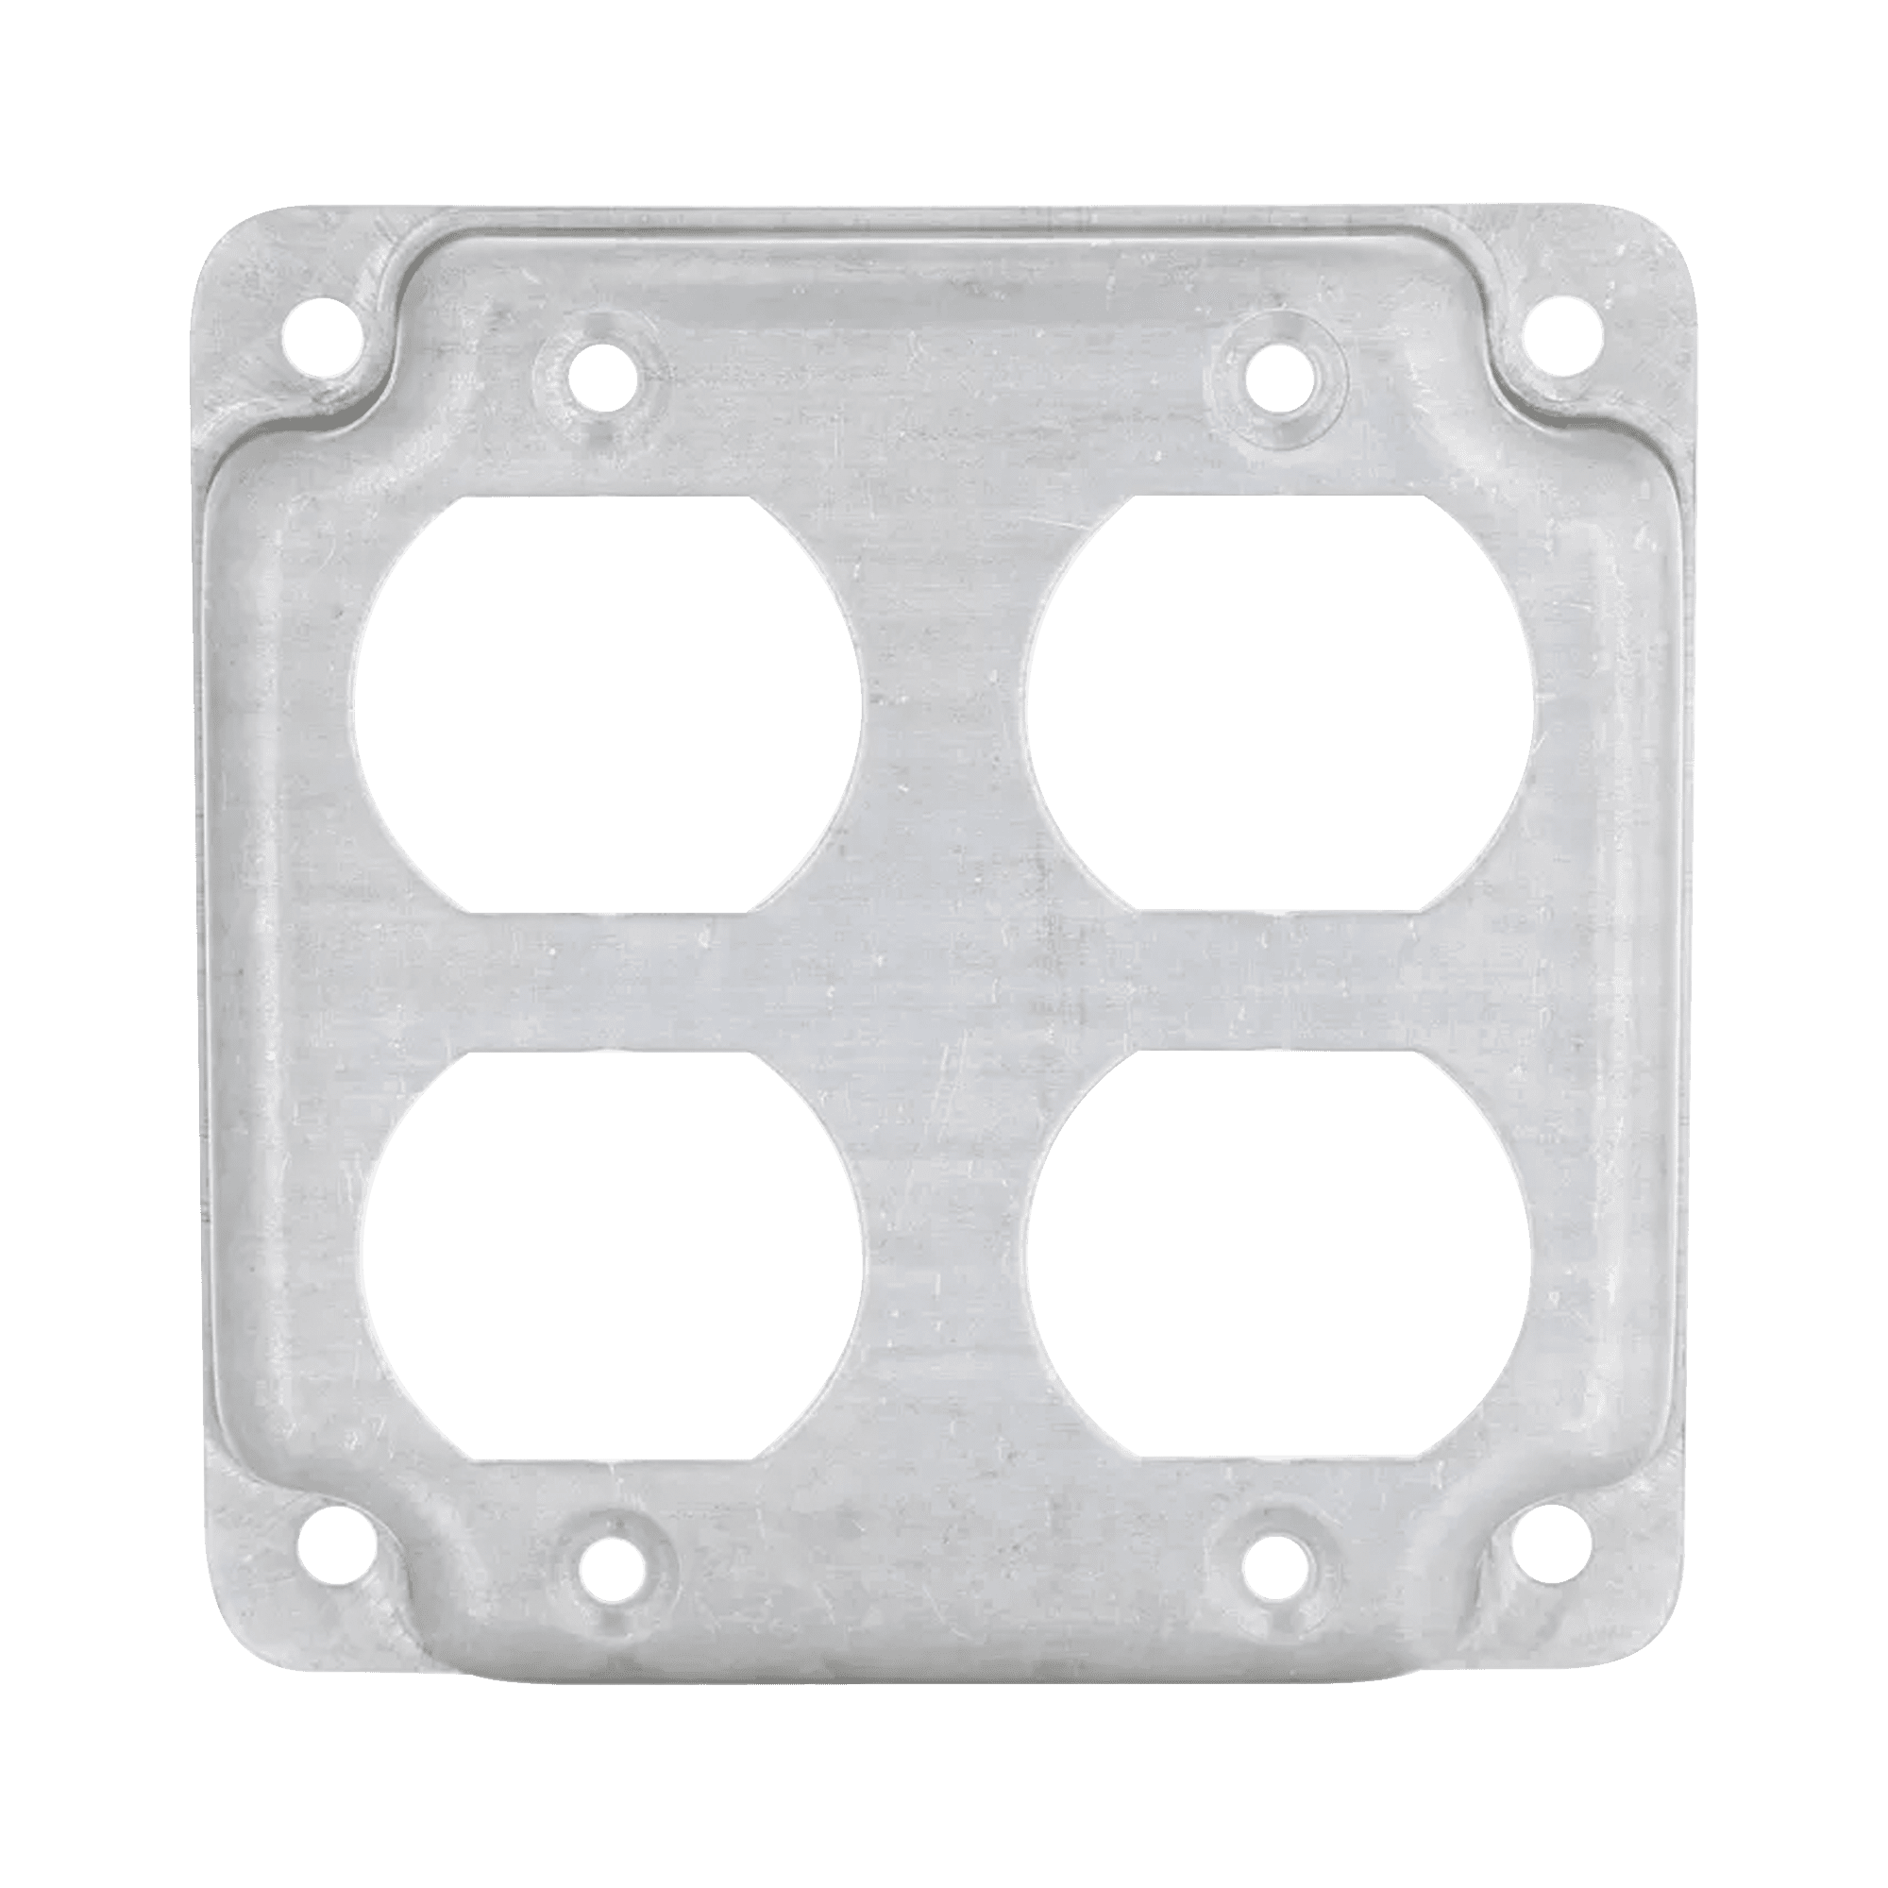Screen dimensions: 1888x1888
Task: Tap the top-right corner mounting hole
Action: [1563, 334]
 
